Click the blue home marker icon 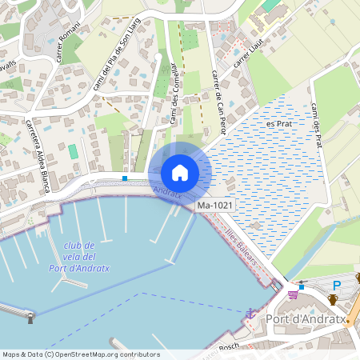(x=180, y=172)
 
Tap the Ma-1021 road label (x=216, y=206)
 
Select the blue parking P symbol (x=336, y=286)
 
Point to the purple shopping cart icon (x=293, y=294)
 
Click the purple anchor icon (x=250, y=314)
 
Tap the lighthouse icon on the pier (x=31, y=318)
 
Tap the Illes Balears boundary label (x=245, y=248)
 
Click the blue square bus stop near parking (x=302, y=286)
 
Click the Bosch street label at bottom (x=229, y=346)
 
